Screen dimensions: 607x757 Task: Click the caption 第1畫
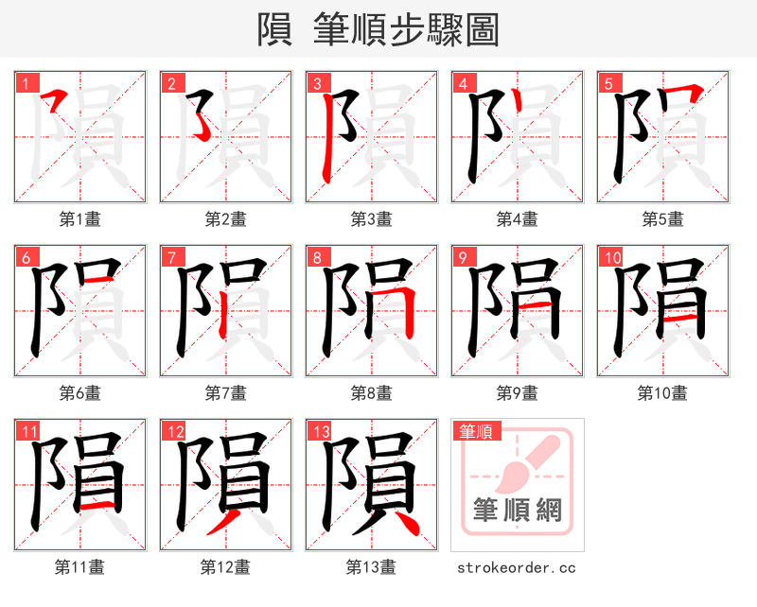click(x=80, y=219)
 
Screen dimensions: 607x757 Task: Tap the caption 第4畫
click(x=518, y=219)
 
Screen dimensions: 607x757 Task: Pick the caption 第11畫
click(x=80, y=566)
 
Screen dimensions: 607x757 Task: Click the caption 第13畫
click(x=371, y=566)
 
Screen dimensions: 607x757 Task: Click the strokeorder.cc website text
click(x=517, y=567)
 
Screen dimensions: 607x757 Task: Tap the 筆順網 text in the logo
click(x=518, y=512)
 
